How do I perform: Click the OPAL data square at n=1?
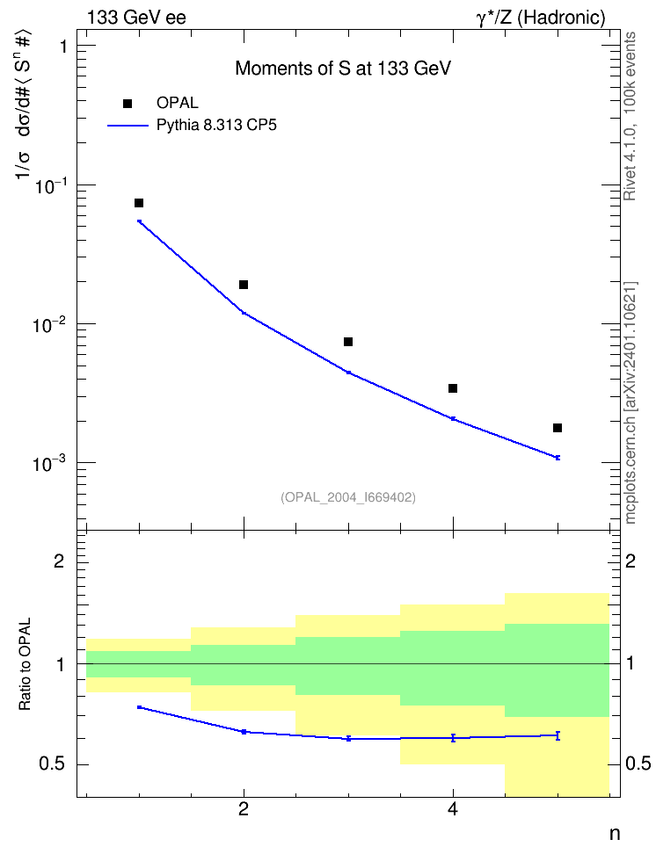[139, 203]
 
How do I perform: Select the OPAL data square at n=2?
[244, 285]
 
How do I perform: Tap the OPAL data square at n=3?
[348, 342]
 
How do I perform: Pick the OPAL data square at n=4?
[453, 388]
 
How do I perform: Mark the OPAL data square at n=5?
[558, 428]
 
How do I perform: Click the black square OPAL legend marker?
[128, 104]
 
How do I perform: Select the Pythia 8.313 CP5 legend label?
[216, 126]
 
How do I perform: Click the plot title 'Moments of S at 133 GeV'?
[343, 69]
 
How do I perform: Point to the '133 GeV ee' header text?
[136, 18]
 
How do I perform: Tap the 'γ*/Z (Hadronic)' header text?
[541, 18]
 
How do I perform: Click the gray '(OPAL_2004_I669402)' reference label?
[348, 497]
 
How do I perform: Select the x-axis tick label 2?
[244, 809]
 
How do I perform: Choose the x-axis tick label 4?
[453, 809]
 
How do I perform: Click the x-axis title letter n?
[615, 834]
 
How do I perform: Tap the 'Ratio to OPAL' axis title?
[25, 664]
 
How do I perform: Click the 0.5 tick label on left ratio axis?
[52, 764]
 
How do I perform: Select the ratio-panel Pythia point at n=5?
[558, 735]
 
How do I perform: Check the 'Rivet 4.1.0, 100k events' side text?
[630, 116]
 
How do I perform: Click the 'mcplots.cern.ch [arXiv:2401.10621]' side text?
[630, 402]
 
